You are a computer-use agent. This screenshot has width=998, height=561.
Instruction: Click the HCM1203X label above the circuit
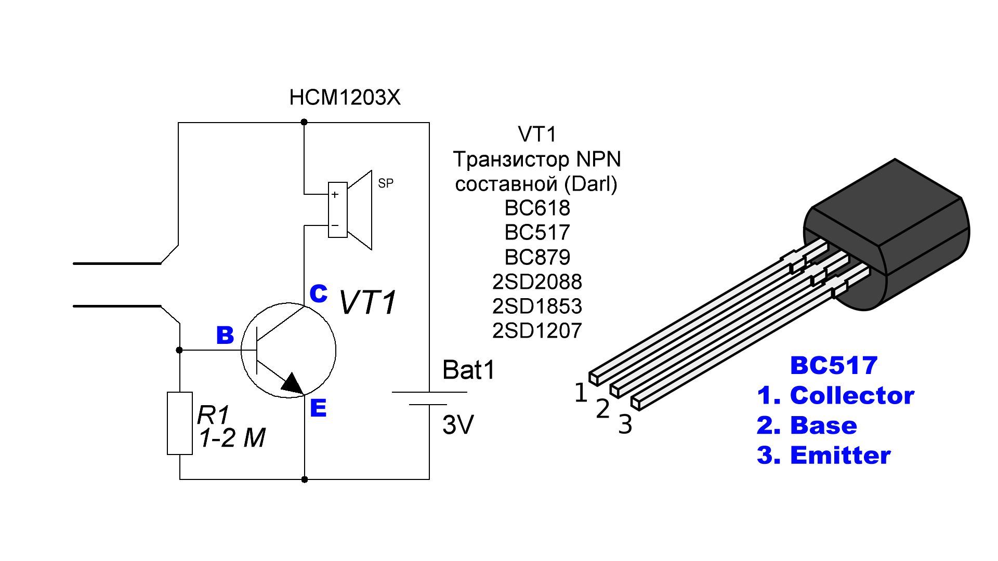[345, 98]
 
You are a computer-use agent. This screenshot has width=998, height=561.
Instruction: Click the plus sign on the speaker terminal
[335, 195]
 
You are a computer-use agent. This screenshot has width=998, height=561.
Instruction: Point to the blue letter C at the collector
[318, 293]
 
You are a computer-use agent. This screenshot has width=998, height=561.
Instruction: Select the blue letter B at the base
[225, 336]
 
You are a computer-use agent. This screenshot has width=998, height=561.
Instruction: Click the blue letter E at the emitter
[318, 408]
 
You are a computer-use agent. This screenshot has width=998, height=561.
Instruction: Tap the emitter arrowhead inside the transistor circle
[293, 384]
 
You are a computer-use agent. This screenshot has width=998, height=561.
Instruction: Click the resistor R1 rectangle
[180, 423]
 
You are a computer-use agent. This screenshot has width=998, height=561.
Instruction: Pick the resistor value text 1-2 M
[232, 438]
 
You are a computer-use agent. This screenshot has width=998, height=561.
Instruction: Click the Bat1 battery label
[468, 370]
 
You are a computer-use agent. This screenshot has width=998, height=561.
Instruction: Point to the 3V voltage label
[458, 425]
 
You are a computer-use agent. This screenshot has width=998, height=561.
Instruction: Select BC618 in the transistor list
[537, 208]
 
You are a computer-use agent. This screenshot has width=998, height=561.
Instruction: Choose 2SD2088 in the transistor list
[537, 282]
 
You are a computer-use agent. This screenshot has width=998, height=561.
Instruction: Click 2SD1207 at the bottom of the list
[537, 330]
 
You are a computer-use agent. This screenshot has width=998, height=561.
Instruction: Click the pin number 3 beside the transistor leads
[625, 424]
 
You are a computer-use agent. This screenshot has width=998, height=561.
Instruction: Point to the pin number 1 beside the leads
[581, 393]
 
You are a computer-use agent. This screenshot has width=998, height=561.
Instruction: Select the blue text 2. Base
[807, 425]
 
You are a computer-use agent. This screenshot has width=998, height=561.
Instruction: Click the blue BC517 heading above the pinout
[834, 365]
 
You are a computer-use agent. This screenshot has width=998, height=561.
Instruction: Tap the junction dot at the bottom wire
[305, 479]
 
